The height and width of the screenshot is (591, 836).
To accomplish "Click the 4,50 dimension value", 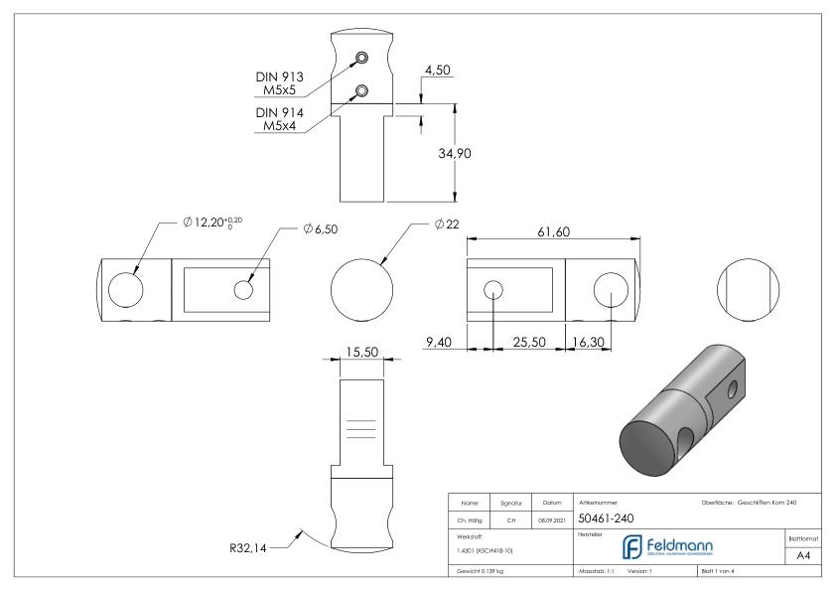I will pos(438,71).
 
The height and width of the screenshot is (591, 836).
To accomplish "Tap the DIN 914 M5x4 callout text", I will pos(282,120).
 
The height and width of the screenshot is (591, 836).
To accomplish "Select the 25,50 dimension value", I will pos(527,343).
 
